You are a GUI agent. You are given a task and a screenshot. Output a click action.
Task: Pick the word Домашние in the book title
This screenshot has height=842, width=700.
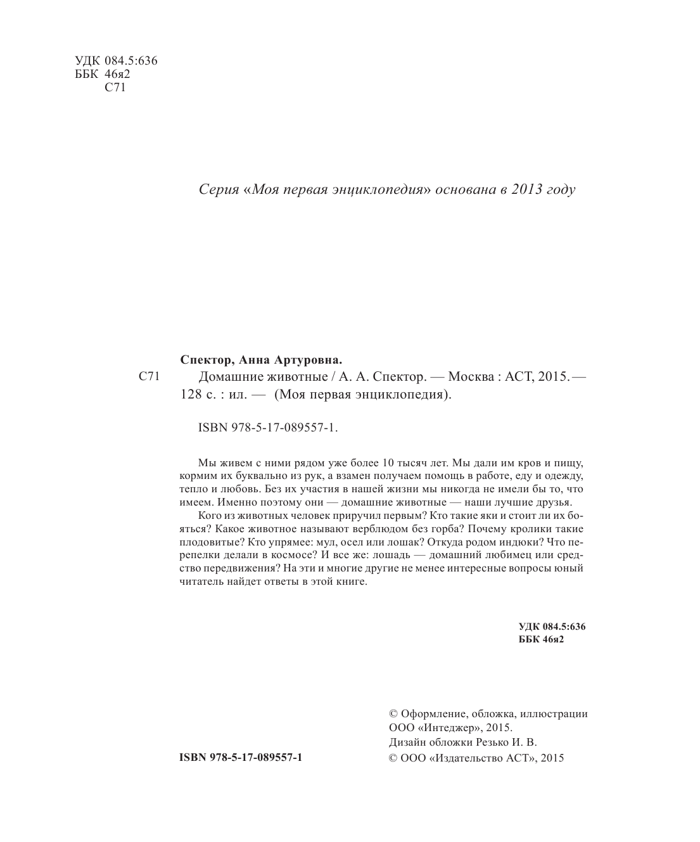[x=230, y=378]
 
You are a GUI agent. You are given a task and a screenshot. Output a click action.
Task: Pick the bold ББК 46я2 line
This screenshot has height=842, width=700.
[x=541, y=640]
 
